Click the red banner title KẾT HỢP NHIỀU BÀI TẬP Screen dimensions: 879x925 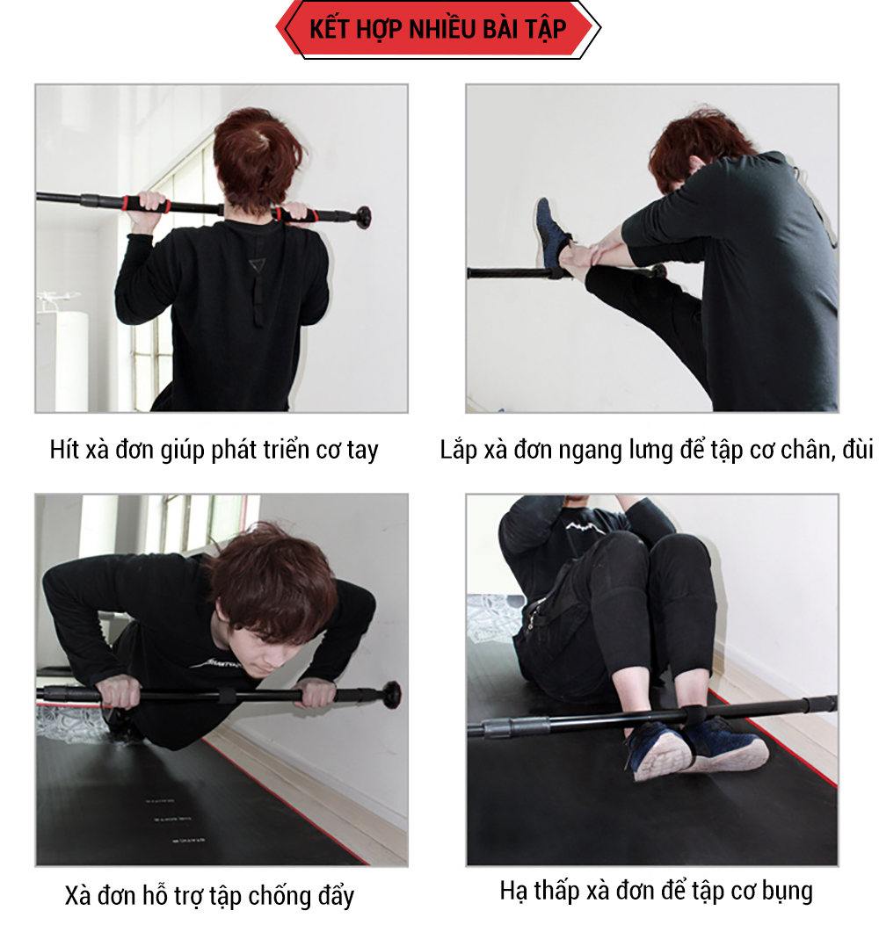438,29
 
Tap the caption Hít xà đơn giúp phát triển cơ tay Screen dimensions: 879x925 214,450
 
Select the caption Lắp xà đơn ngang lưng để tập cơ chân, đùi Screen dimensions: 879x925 657,450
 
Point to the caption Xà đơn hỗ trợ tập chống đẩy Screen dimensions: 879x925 209,895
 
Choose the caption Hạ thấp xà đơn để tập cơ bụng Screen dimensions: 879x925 657,891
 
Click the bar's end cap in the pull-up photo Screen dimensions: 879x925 362,216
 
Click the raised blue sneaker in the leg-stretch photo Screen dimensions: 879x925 552,233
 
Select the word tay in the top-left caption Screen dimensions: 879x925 362,452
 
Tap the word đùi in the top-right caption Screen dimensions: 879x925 858,450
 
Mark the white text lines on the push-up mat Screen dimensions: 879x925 168,820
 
